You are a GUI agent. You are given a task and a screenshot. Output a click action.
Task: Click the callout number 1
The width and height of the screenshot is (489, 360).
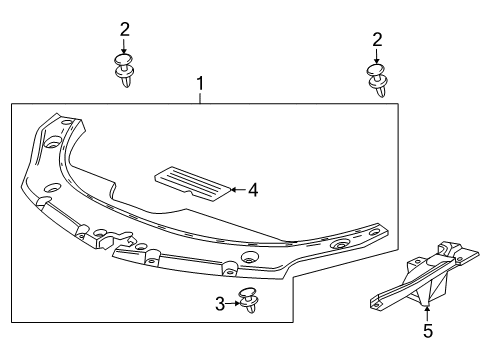click(200, 85)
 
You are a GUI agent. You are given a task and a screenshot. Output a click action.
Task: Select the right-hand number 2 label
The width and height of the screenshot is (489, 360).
click(377, 39)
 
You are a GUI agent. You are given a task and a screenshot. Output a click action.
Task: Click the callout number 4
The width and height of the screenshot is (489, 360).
click(254, 189)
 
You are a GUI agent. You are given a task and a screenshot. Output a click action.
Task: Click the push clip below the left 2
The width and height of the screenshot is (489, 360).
click(126, 73)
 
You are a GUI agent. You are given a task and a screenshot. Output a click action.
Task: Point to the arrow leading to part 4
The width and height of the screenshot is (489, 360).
click(237, 188)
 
